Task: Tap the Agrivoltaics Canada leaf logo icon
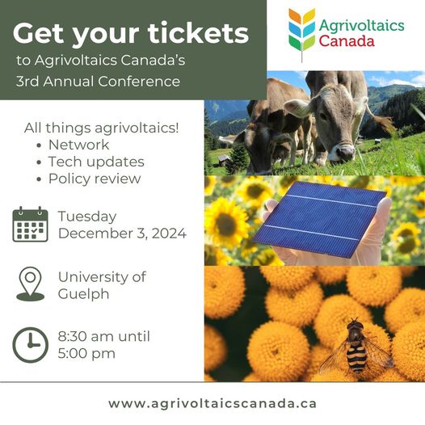pos(302,33)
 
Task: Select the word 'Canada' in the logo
pos(347,40)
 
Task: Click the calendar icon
pos(30,224)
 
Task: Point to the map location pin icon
pos(30,284)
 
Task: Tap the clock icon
pos(30,344)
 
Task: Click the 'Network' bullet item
pos(78,145)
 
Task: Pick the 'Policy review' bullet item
pos(95,178)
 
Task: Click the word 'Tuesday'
pos(87,217)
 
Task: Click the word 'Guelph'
pos(84,293)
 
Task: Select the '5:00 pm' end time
pos(86,353)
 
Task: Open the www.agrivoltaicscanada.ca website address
pos(212,402)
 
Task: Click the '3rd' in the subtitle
pos(32,82)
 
